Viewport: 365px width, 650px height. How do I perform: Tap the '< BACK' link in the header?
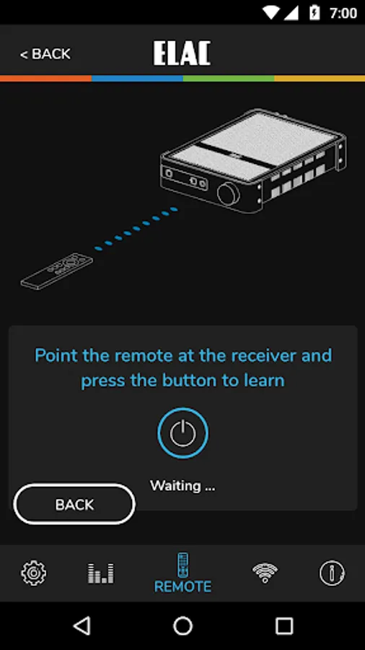[45, 54]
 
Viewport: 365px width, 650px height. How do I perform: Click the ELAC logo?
[182, 53]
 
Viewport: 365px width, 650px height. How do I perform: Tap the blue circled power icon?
[182, 433]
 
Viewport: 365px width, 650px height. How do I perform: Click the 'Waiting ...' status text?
[182, 485]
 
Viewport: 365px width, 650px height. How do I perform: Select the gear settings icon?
[33, 573]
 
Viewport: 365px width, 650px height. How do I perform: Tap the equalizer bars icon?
[100, 573]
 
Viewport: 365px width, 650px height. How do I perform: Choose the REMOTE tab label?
[182, 586]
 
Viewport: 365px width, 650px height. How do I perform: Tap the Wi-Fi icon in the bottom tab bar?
[265, 573]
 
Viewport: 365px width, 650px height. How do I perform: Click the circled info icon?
[332, 573]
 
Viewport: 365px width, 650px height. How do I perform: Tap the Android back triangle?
[82, 625]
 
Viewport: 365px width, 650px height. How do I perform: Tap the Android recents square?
[284, 625]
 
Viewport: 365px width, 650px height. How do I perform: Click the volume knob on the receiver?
[228, 194]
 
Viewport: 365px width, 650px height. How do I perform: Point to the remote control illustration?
[57, 271]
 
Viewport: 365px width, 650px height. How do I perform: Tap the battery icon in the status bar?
[315, 13]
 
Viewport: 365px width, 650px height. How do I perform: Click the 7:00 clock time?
[343, 13]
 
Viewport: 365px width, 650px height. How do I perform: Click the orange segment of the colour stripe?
[45, 78]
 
